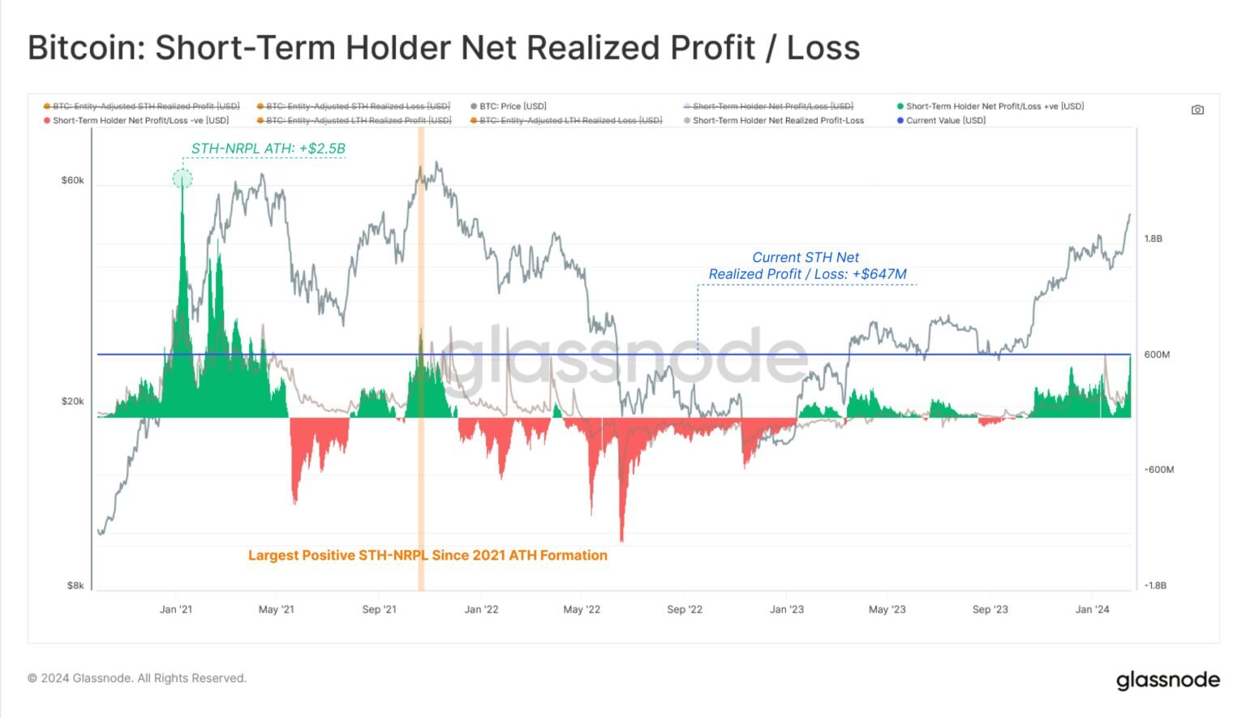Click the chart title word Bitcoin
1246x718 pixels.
point(85,48)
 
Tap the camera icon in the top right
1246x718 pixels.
point(1197,110)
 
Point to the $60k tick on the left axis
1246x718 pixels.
point(73,180)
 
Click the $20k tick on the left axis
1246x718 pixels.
point(73,402)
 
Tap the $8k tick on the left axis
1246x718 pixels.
point(75,585)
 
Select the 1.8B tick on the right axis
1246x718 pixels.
point(1153,239)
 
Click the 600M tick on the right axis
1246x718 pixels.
point(1157,355)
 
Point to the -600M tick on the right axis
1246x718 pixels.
point(1158,470)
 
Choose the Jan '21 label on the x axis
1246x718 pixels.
point(176,609)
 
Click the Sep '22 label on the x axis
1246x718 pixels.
point(685,609)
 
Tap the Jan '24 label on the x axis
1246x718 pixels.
point(1093,609)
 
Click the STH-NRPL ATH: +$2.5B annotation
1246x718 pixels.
point(269,148)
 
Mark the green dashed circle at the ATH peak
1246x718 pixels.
point(183,178)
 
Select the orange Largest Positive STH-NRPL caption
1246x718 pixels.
point(428,555)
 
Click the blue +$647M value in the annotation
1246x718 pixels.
point(879,274)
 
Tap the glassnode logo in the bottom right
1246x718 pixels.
point(1167,680)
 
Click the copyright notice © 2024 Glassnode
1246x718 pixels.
point(136,678)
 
